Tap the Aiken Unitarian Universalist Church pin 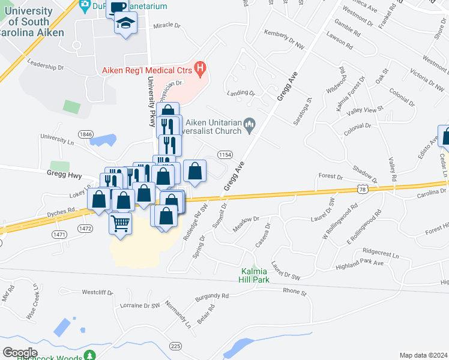tap(250, 125)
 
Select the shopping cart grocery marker tap(121, 224)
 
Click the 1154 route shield tap(225, 154)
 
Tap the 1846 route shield tap(85, 134)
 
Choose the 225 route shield tap(175, 346)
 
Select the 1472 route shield tap(85, 228)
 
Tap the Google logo tap(20, 352)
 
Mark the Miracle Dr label tap(166, 26)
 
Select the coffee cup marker tap(118, 8)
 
